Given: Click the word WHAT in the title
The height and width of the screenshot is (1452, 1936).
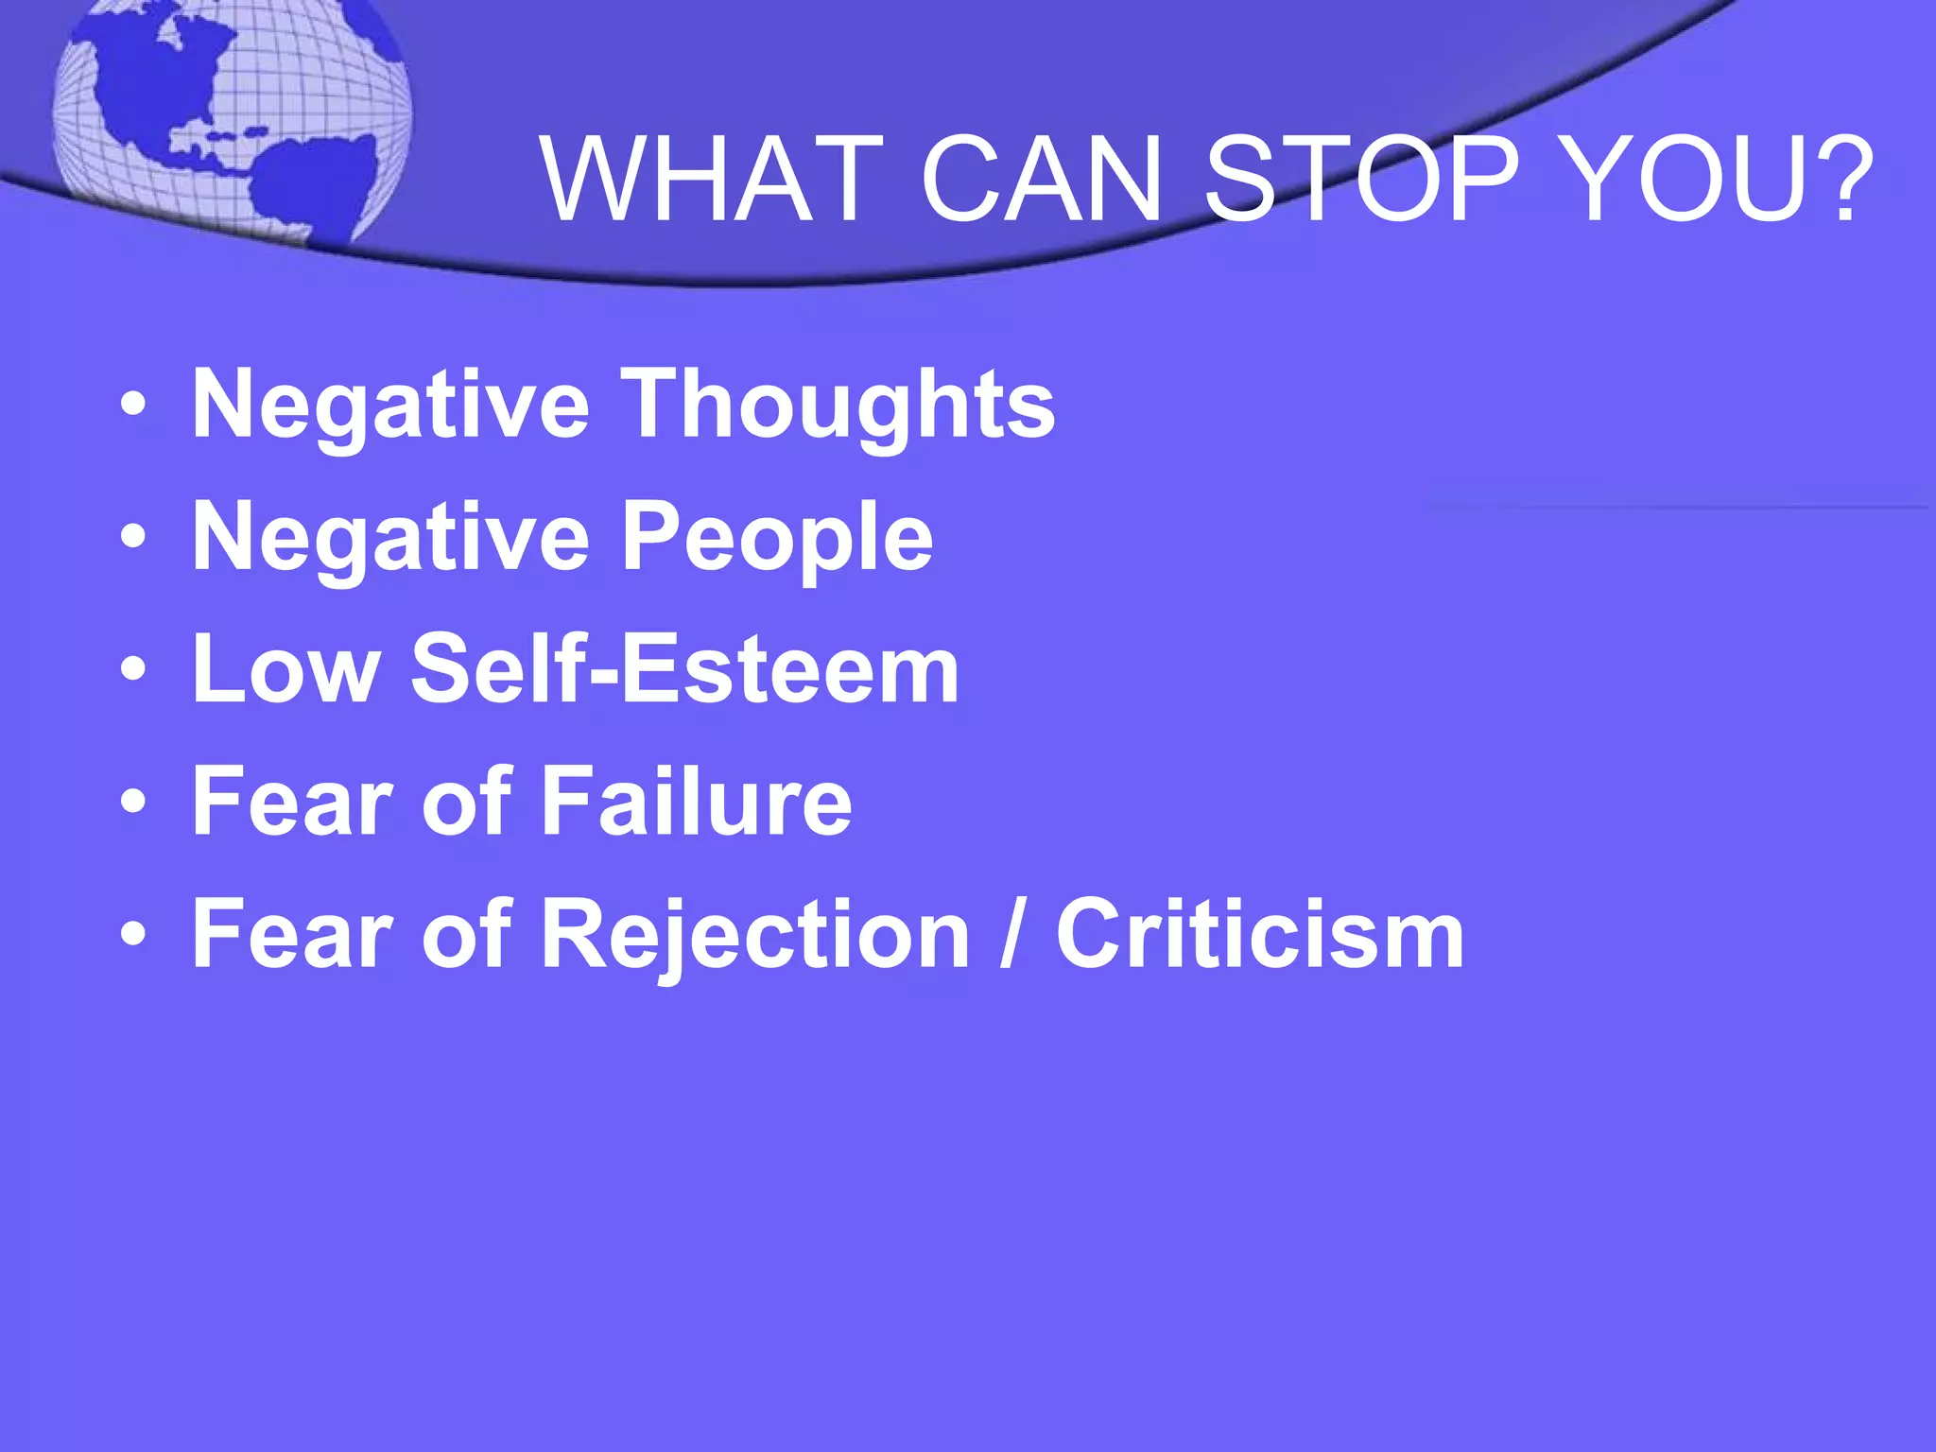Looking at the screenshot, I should pos(714,180).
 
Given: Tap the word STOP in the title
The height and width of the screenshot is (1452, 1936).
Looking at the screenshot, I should pos(1361,180).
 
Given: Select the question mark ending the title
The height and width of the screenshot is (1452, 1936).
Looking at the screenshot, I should pos(1843,180).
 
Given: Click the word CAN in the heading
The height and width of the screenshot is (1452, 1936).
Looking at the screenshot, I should pos(1040,180).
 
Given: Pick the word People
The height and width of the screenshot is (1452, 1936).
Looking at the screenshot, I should pos(777,537).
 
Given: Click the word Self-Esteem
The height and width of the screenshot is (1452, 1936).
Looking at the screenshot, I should pos(685,669).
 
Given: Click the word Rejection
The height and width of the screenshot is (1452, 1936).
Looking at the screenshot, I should pos(754,934).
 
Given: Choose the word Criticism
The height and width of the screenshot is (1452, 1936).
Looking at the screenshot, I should pos(1260,934).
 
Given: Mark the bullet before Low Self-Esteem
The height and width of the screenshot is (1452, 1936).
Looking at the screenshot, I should pos(133,670).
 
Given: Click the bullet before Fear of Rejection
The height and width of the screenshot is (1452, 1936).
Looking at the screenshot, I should pos(133,935).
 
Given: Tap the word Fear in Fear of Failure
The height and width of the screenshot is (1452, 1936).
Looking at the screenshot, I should pos(292,802).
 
